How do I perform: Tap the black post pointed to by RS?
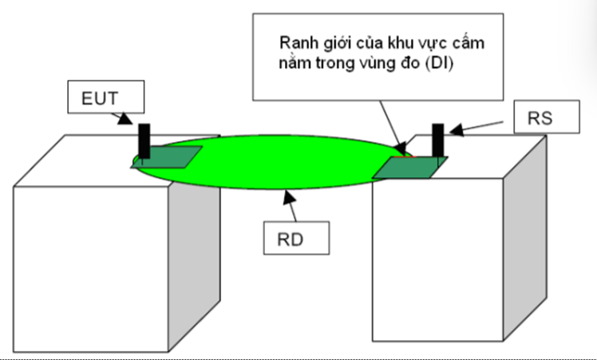(437, 141)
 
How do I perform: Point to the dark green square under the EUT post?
(168, 158)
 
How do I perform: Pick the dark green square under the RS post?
(411, 166)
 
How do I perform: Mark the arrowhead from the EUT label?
(125, 120)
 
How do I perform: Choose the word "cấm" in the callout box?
(466, 42)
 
